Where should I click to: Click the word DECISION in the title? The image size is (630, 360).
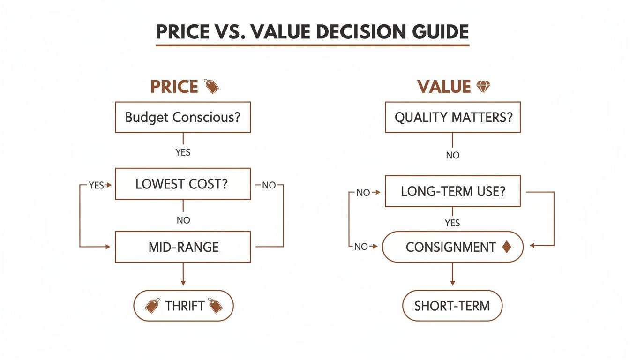(x=349, y=32)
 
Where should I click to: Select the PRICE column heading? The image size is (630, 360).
(x=174, y=87)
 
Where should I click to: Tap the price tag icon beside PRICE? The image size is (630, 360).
(x=212, y=86)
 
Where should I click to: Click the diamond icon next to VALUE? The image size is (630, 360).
(x=483, y=86)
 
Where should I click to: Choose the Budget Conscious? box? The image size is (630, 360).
(x=183, y=117)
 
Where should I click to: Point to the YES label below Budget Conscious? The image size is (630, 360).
(x=183, y=152)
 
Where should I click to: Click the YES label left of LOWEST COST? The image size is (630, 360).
(x=96, y=185)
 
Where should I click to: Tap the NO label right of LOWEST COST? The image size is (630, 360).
(x=269, y=185)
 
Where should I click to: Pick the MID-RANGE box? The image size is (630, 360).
(x=183, y=247)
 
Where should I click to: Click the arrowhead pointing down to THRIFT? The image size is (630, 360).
(x=183, y=282)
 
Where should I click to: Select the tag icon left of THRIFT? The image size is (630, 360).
(x=152, y=306)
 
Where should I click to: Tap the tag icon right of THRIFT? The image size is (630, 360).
(x=215, y=306)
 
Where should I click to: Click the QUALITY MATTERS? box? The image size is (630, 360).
(x=452, y=117)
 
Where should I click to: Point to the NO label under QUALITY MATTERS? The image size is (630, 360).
(x=452, y=155)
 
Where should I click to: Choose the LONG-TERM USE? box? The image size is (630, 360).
(x=452, y=191)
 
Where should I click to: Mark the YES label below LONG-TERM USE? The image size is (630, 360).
(x=452, y=223)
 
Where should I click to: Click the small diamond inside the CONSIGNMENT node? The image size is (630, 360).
(x=506, y=247)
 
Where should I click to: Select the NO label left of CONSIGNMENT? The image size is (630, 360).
(x=361, y=247)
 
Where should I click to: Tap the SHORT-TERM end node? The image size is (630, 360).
(x=452, y=306)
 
